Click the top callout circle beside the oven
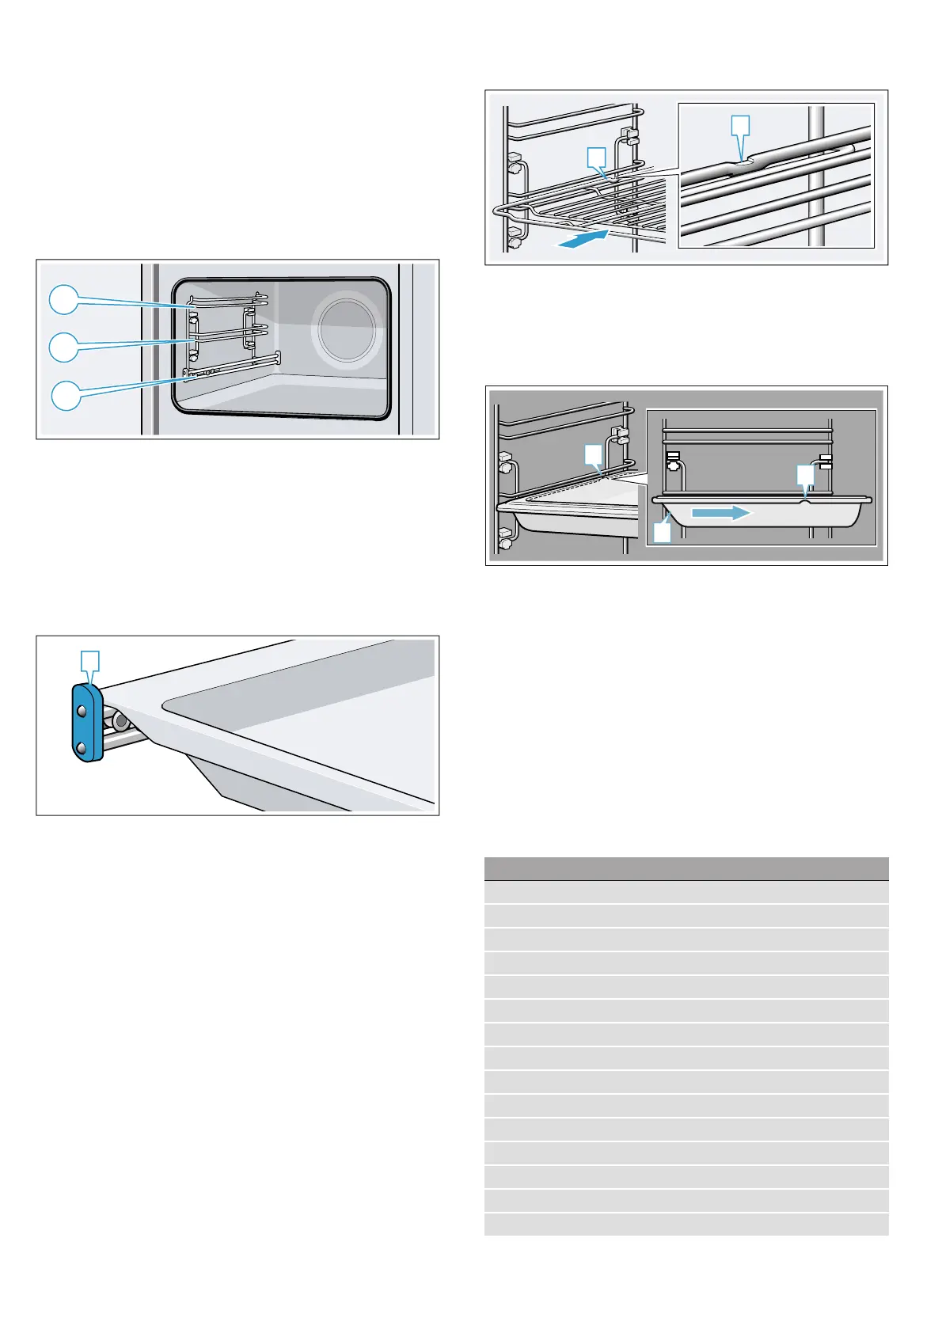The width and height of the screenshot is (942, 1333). [x=64, y=300]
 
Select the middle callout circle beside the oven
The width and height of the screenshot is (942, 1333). [x=64, y=347]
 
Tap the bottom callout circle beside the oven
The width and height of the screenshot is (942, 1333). [x=66, y=395]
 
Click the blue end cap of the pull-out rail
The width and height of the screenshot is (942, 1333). [x=85, y=723]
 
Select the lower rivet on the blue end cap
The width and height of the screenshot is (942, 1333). [x=82, y=746]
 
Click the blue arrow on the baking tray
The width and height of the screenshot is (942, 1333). [x=720, y=513]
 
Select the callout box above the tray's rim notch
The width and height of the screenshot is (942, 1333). [x=804, y=474]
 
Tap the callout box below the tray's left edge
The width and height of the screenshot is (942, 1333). [x=663, y=532]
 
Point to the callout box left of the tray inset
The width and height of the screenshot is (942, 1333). [x=594, y=454]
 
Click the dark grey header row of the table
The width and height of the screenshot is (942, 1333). [x=686, y=868]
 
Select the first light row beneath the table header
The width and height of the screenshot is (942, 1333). [x=686, y=892]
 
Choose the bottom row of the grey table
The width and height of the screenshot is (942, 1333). [x=686, y=1224]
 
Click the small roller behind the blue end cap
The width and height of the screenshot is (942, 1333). [x=120, y=721]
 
